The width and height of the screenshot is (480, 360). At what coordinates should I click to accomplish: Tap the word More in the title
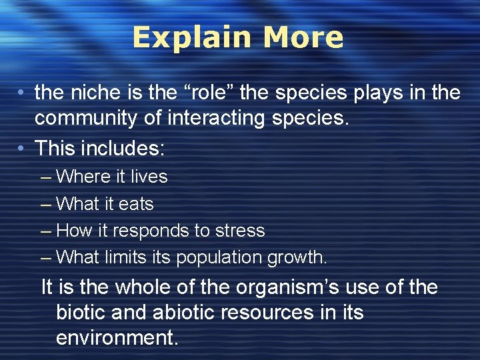click(303, 37)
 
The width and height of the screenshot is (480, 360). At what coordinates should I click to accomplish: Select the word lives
click(149, 177)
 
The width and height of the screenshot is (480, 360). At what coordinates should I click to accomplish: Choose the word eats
click(135, 204)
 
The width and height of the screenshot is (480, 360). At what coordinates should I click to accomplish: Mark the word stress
click(239, 231)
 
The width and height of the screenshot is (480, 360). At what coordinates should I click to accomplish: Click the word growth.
click(298, 257)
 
